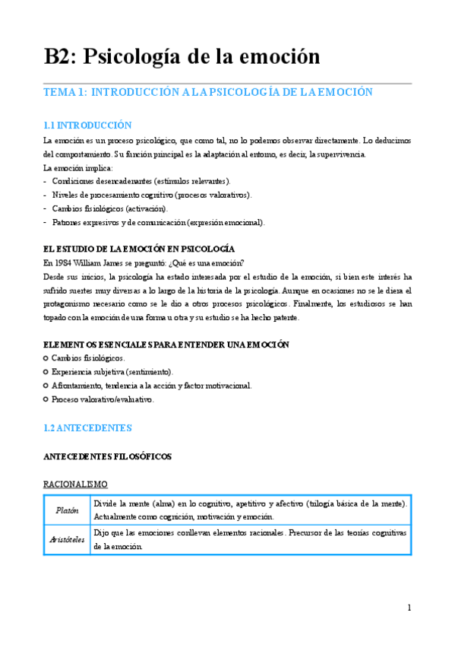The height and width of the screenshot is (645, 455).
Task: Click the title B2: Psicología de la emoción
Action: [x=182, y=56]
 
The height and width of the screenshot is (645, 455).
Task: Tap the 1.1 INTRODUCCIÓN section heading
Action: [x=87, y=126]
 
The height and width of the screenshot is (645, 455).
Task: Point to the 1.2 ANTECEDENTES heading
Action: [x=87, y=428]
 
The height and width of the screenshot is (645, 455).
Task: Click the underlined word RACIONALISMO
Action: [x=75, y=484]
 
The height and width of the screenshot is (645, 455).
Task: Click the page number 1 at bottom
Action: [x=409, y=607]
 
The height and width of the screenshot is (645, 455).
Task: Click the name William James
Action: [x=104, y=262]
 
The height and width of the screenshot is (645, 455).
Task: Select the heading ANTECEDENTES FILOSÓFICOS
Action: [x=107, y=456]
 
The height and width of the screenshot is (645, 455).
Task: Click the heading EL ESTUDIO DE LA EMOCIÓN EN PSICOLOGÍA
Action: [x=138, y=249]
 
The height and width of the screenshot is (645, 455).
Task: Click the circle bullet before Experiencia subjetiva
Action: [x=46, y=372]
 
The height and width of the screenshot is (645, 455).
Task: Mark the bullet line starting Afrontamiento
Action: [x=151, y=386]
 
